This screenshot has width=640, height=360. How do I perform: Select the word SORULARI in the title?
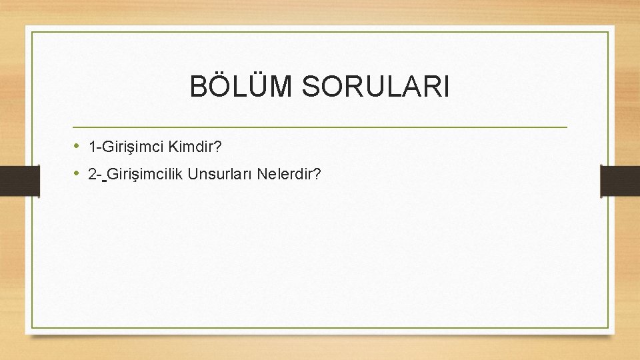pyautogui.click(x=377, y=87)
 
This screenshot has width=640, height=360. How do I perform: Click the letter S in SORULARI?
pyautogui.click(x=313, y=87)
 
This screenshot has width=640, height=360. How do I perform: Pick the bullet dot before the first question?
pyautogui.click(x=77, y=145)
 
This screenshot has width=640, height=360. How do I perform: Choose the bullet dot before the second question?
pyautogui.click(x=77, y=174)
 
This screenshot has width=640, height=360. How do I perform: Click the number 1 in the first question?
pyautogui.click(x=92, y=145)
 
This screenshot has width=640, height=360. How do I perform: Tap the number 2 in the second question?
pyautogui.click(x=92, y=175)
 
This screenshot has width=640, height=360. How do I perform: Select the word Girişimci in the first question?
pyautogui.click(x=129, y=145)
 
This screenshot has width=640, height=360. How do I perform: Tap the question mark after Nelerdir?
pyautogui.click(x=317, y=175)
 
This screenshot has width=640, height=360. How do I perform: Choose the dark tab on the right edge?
pyautogui.click(x=620, y=181)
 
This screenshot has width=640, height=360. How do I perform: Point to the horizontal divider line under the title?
pyautogui.click(x=320, y=127)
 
